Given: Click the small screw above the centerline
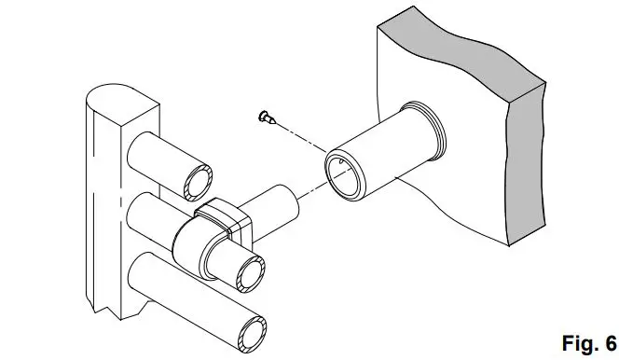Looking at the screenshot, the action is coord(266,116).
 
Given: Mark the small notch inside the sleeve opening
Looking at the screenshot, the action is coord(343,164).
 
